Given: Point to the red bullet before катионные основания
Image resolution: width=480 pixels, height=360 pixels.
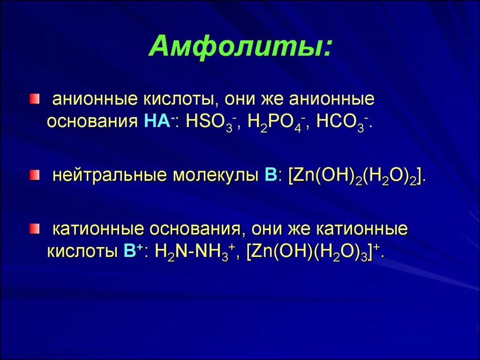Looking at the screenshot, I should [34, 228].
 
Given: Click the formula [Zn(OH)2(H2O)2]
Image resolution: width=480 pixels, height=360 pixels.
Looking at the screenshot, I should [357, 176].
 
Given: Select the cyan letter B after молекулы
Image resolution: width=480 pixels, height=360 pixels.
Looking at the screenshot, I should [271, 175].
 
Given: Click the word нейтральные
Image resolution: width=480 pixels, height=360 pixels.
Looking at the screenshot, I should [109, 176].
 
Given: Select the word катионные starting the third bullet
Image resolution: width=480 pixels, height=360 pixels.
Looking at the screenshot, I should [97, 230].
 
